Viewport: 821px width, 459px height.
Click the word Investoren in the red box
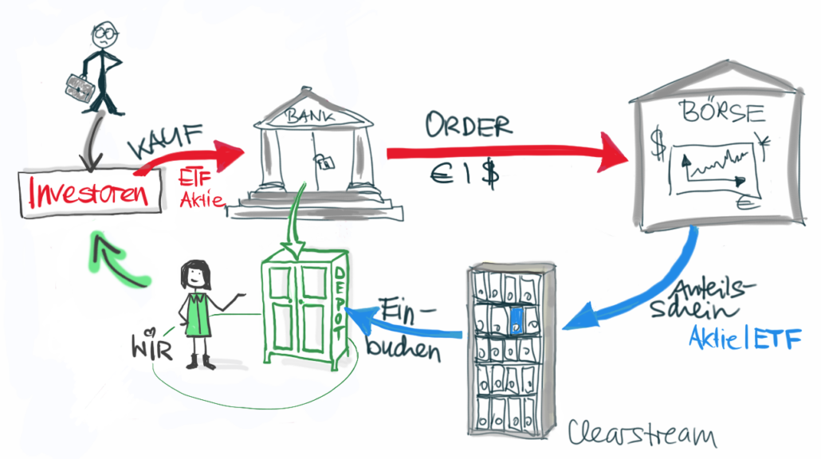click(x=90, y=194)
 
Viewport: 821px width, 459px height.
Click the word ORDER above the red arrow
click(x=468, y=125)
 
